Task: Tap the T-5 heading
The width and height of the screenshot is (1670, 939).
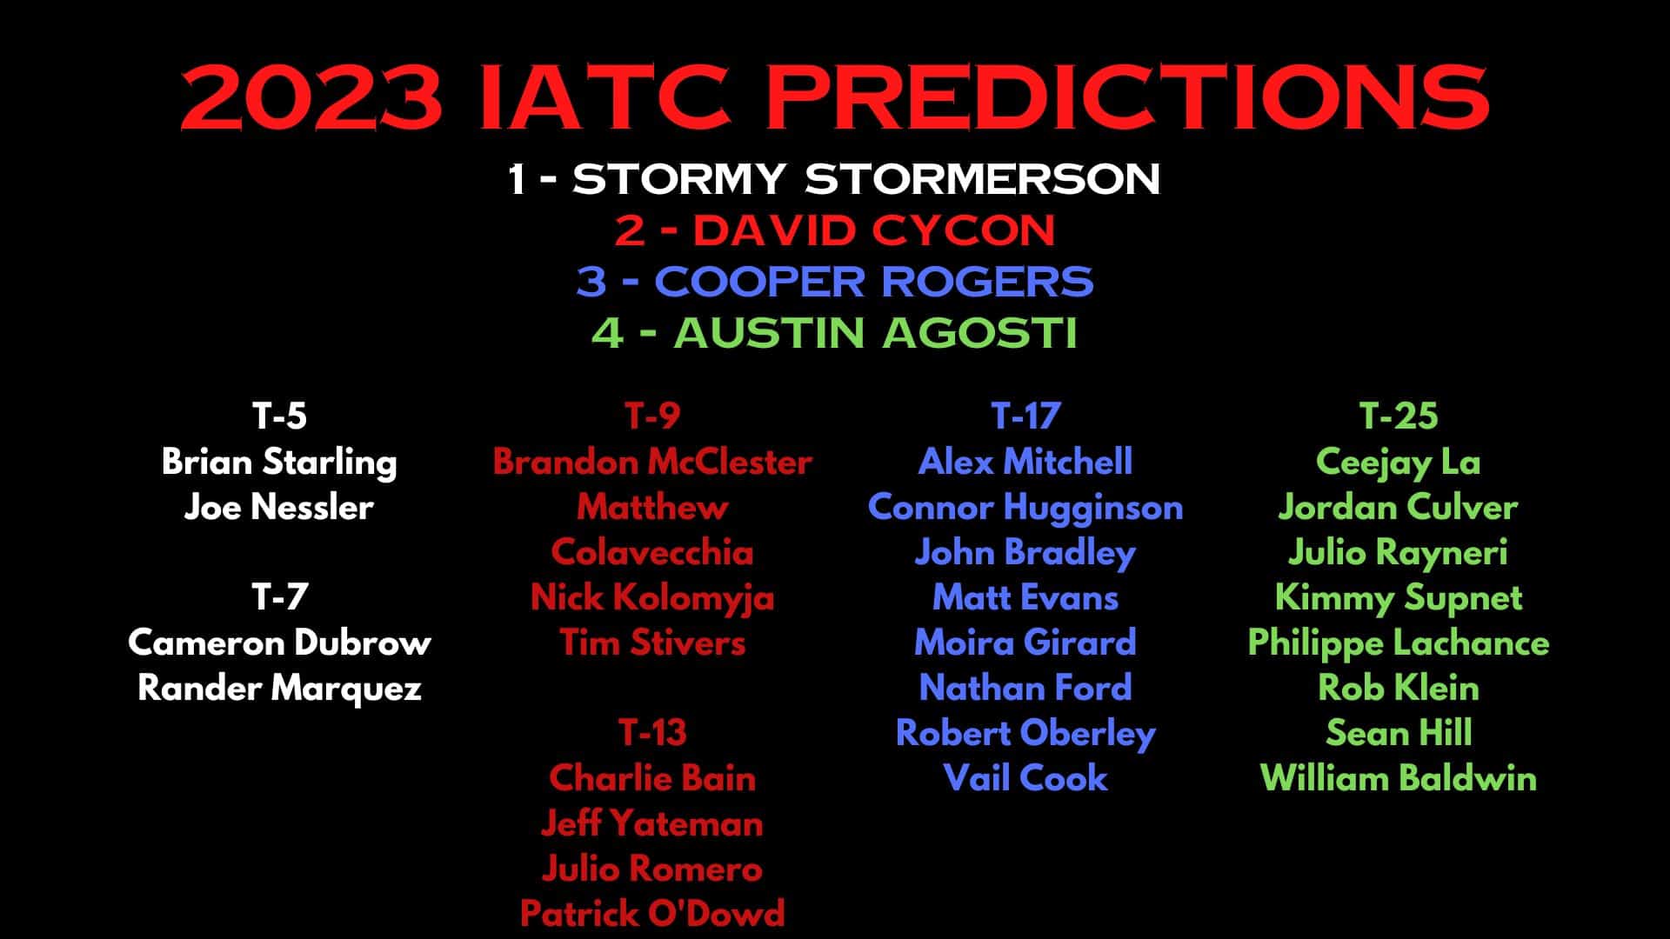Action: pos(279,416)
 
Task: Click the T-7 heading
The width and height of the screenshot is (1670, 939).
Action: pos(279,597)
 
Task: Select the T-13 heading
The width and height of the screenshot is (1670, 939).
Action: pos(652,733)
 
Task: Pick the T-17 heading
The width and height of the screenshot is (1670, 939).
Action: pos(1025,416)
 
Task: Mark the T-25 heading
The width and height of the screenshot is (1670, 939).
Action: pos(1399,416)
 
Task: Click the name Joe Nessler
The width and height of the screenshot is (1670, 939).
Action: pos(279,507)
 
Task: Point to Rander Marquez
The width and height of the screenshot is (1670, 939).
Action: pos(279,688)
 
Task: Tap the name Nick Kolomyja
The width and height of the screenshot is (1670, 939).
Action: pos(652,597)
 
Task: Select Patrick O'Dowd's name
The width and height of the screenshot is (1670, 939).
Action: pos(652,914)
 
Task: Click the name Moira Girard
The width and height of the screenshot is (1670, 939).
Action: pos(1025,643)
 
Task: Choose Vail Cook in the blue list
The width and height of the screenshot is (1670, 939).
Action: pos(1025,778)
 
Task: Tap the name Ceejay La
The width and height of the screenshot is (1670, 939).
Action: pos(1399,462)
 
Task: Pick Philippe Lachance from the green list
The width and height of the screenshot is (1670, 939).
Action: pos(1399,643)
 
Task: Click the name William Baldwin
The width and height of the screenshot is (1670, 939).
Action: pos(1399,778)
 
